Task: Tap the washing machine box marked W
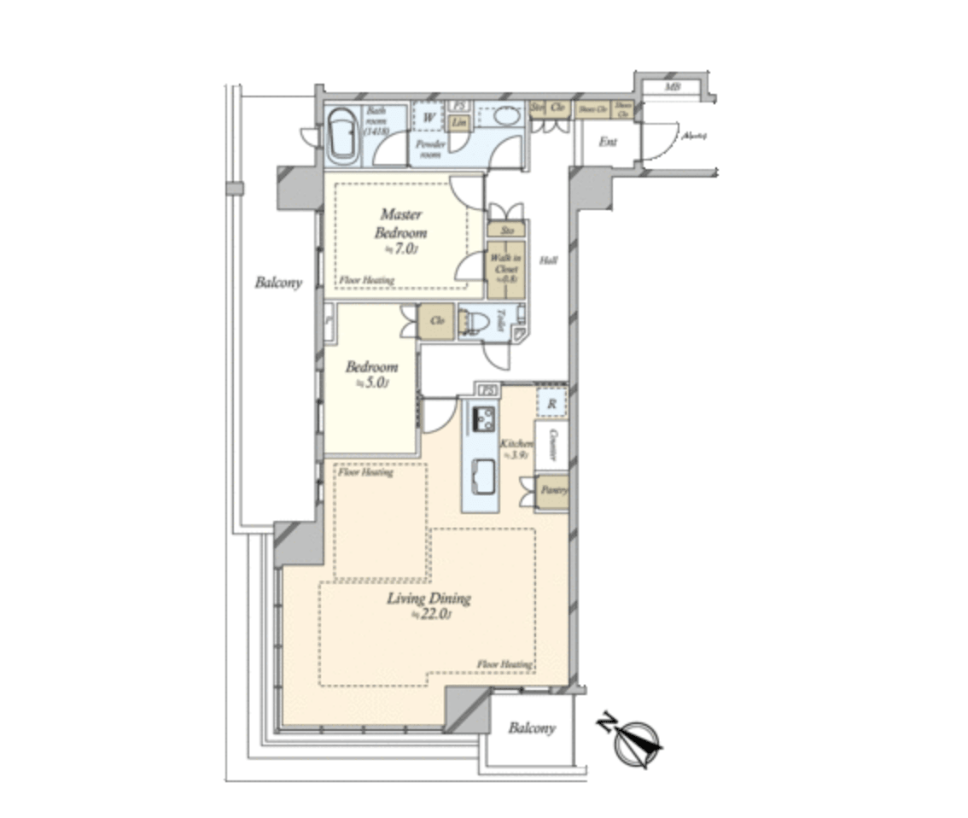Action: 427,117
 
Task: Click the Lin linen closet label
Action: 458,122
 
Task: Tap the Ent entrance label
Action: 607,142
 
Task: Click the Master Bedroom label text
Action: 403,224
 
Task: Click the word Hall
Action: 547,260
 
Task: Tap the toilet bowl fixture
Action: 475,322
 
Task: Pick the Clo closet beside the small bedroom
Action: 436,321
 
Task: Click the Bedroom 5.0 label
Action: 371,374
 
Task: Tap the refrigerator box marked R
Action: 551,402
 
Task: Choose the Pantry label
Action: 551,492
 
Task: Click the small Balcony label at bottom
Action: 531,728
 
